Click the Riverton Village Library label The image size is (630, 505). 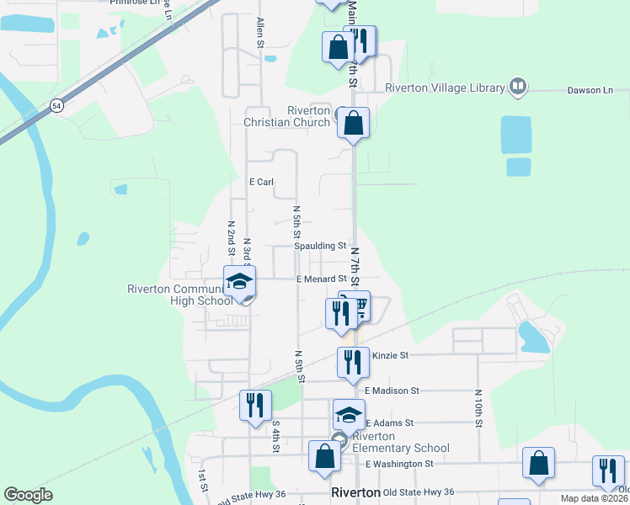pyautogui.click(x=445, y=87)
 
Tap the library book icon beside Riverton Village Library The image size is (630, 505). pyautogui.click(x=518, y=87)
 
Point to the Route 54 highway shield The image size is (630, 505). pyautogui.click(x=56, y=105)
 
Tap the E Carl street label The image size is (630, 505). pyautogui.click(x=262, y=182)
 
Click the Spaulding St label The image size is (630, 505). pyautogui.click(x=320, y=246)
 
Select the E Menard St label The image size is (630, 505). pyautogui.click(x=321, y=279)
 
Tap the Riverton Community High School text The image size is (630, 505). pyautogui.click(x=179, y=295)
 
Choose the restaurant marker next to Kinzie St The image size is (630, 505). pyautogui.click(x=353, y=362)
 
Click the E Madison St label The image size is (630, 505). pyautogui.click(x=392, y=391)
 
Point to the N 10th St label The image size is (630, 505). pyautogui.click(x=478, y=407)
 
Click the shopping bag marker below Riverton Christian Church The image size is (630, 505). pyautogui.click(x=354, y=124)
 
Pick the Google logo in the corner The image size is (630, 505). pyautogui.click(x=28, y=495)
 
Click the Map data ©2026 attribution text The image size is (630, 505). pyautogui.click(x=595, y=498)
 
